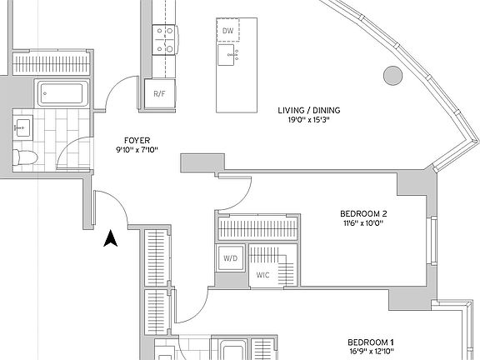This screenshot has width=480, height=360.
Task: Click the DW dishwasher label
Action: [x=227, y=31]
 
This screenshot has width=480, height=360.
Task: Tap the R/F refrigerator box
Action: [x=160, y=94]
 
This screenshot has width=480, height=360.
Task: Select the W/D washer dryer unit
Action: [x=230, y=258]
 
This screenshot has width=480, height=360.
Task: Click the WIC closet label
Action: [x=263, y=275]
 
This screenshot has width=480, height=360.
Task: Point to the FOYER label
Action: [x=137, y=141]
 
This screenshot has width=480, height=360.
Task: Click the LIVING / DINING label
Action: [x=309, y=110]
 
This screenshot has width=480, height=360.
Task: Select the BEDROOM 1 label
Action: [x=371, y=342]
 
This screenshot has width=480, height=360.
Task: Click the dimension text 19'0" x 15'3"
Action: [x=309, y=120]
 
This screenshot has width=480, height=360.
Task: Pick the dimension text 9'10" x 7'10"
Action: [x=137, y=150]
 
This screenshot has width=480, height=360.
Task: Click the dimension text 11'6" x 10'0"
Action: [x=363, y=223]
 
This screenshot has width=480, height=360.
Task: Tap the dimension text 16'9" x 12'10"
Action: [x=371, y=352]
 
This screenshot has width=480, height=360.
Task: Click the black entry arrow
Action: [x=111, y=239]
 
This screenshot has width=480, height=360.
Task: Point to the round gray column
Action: [x=393, y=76]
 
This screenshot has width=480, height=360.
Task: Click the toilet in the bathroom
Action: [x=25, y=157]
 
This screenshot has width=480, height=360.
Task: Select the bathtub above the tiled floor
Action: [x=62, y=93]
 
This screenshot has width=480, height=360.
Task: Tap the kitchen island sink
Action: [x=226, y=55]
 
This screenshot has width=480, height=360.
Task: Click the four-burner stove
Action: [x=164, y=40]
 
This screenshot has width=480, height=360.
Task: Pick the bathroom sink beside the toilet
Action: [x=22, y=127]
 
